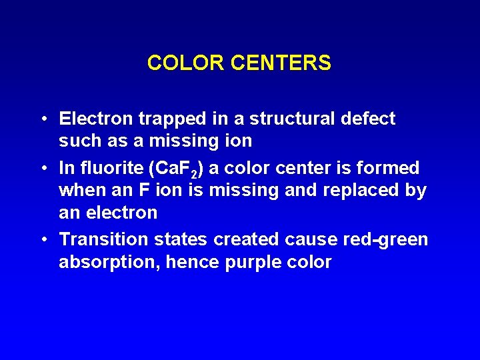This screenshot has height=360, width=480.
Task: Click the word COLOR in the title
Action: pos(186,63)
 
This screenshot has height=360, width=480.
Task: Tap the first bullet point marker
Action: pos(43,119)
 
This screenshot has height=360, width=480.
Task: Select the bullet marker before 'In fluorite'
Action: pos(43,167)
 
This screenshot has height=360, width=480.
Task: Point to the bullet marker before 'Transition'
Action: pos(43,239)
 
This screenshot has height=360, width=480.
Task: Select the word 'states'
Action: pos(175,239)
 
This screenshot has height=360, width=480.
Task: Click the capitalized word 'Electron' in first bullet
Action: pos(96,119)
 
